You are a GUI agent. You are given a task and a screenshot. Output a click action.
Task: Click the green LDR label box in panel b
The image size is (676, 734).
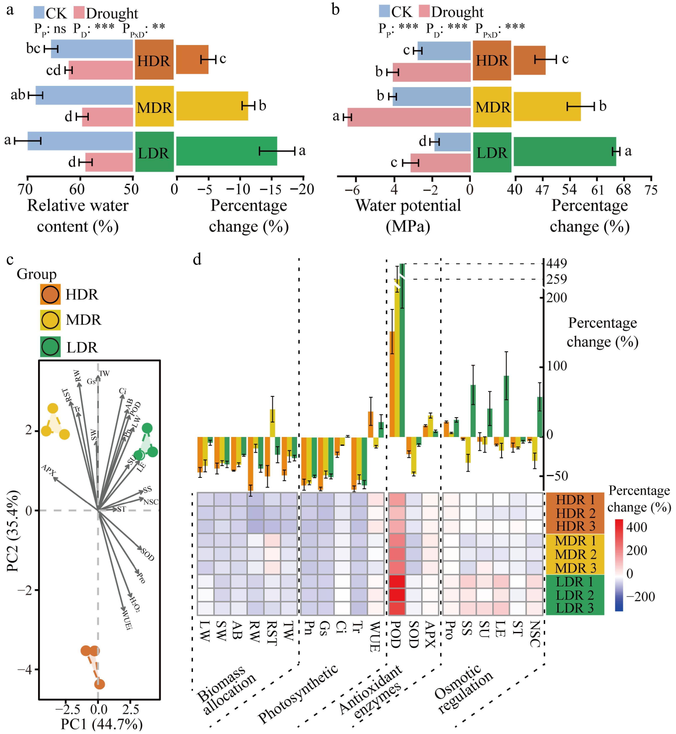(492, 152)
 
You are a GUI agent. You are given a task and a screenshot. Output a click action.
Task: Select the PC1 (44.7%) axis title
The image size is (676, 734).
(101, 725)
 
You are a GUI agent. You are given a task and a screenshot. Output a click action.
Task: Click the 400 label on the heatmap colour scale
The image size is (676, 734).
(636, 527)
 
